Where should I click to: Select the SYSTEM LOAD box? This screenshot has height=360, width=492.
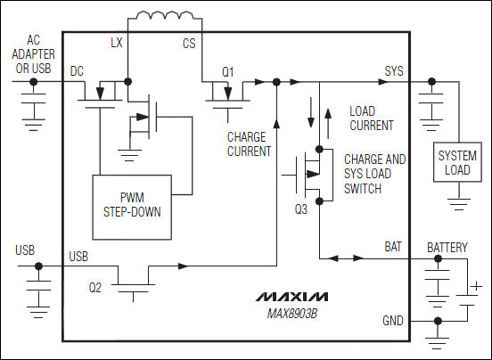[x=456, y=163]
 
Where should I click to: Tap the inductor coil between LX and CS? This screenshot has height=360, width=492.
[x=162, y=18]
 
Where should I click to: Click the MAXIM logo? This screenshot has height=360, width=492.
[x=291, y=296]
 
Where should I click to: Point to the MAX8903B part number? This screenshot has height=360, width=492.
[x=291, y=314]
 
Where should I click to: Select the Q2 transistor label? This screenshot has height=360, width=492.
[x=96, y=288]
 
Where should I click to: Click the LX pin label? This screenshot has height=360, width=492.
[x=117, y=43]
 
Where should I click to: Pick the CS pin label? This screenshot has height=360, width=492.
[x=189, y=43]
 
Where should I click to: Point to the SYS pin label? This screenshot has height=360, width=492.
[x=393, y=69]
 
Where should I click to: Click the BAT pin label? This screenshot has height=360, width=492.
[x=393, y=246]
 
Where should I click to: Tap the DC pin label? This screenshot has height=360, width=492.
[x=78, y=69]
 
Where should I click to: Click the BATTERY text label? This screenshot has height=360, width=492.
[x=447, y=247]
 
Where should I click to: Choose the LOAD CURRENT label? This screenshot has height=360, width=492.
[x=371, y=119]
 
